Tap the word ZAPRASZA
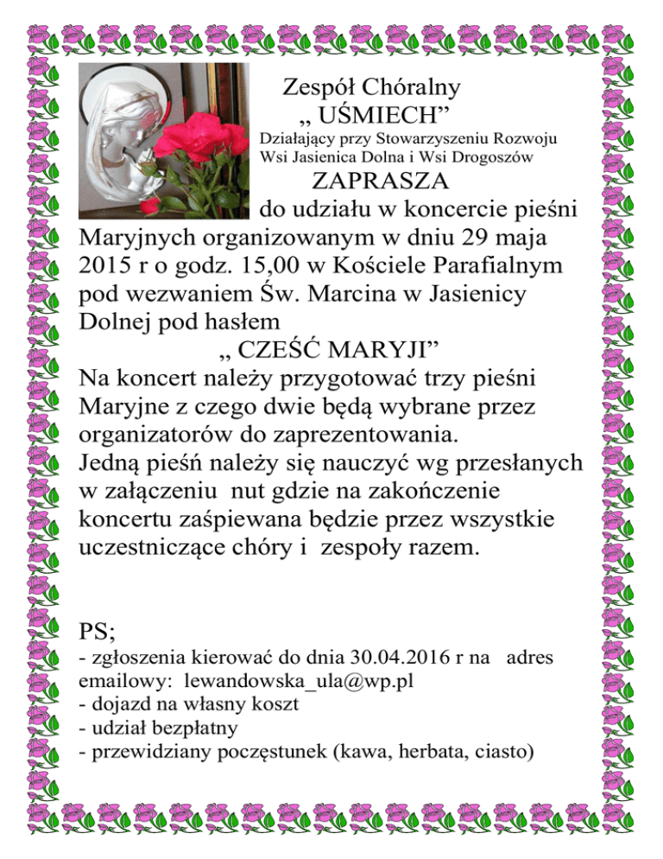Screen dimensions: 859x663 tap(380, 181)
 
